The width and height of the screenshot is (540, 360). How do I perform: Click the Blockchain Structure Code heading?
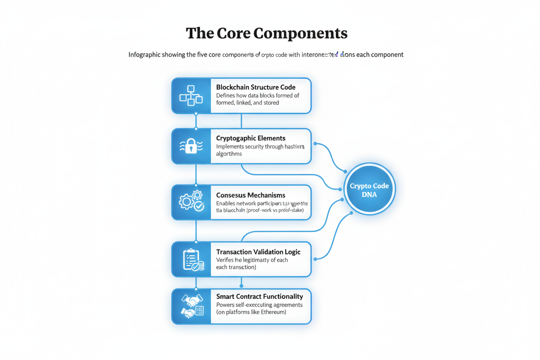coord(256,87)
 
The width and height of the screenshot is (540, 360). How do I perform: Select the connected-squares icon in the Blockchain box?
coord(191,96)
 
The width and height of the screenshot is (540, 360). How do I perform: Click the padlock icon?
coord(191,146)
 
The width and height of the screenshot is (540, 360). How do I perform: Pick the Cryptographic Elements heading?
coord(251,138)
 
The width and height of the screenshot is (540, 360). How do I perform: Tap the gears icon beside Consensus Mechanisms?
coord(191,201)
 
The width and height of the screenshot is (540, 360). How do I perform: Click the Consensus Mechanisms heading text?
coord(251,195)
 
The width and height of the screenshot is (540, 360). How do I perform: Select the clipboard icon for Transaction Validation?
coord(192,259)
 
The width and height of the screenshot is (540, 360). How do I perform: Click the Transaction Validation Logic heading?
coord(258,252)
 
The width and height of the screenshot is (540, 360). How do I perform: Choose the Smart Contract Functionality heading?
coord(259,296)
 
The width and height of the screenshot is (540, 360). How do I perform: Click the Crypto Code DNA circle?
coord(369,189)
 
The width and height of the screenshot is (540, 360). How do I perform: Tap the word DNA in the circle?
coord(369,195)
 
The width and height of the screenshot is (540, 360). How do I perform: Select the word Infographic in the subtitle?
coord(145,55)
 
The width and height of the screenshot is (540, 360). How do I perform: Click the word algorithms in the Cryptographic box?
coord(229,154)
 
